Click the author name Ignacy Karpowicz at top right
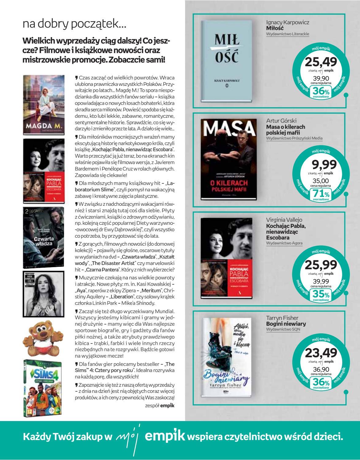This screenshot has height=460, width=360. coord(287,23)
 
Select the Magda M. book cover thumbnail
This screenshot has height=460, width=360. coord(44,105)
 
